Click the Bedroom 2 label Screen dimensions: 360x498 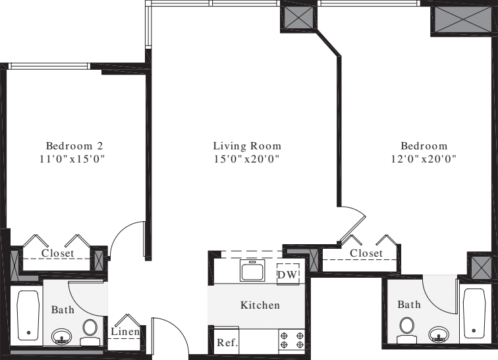pos(74,145)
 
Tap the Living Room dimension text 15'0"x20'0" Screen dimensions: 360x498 pos(247,159)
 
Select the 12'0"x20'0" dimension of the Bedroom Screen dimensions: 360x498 pos(424,159)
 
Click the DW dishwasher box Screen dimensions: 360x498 pos(288,274)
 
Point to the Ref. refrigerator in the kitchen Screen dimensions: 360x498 pos(227,343)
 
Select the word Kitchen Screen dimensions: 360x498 pos(260,305)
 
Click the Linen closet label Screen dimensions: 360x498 pos(124,332)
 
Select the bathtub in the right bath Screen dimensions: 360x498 pos(474,312)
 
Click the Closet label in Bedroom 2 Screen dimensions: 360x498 pos(57,253)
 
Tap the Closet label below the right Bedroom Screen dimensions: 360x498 pos(366,253)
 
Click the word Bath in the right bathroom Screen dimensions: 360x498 pos(408,305)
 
